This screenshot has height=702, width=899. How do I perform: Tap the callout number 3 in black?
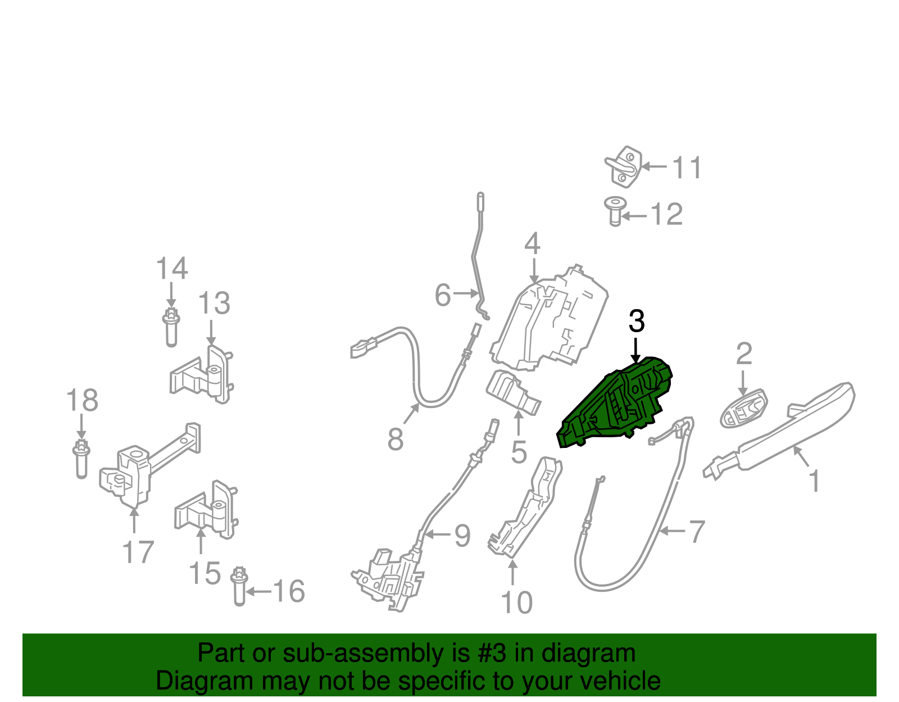[x=636, y=321]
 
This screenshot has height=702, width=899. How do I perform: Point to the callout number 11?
[x=687, y=168]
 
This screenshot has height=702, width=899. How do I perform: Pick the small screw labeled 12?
[x=615, y=211]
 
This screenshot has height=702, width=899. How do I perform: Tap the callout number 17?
[x=138, y=552]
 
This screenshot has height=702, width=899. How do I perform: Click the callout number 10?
[x=516, y=603]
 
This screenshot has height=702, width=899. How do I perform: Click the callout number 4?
[x=532, y=243]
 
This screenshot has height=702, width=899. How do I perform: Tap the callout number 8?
[x=396, y=439]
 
